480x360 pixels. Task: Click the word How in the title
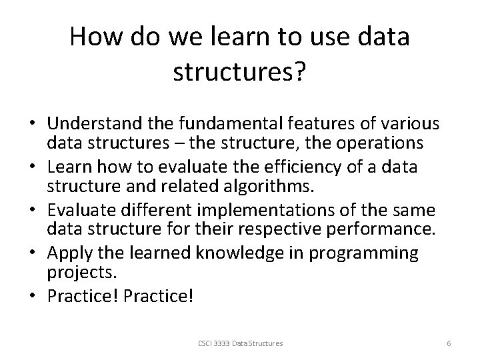point(98,37)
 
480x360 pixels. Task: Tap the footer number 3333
point(219,343)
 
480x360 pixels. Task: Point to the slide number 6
point(449,343)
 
